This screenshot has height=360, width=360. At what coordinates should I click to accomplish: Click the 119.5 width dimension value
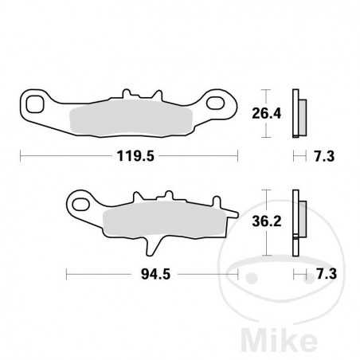point(129,157)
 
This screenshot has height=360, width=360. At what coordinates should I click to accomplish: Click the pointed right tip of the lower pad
point(237,213)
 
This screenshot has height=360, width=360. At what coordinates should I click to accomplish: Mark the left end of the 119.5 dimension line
point(21,157)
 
